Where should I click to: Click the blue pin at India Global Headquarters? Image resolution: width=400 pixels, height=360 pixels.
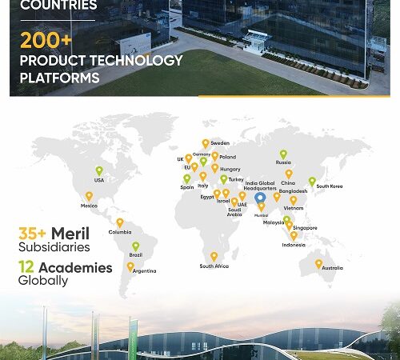click(259, 197)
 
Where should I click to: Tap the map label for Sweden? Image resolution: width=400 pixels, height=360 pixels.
click(221, 143)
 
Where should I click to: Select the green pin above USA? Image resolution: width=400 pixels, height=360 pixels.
click(99, 170)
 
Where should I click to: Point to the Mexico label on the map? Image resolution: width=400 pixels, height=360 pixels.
click(89, 206)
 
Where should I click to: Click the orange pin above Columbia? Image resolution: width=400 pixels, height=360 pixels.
click(120, 222)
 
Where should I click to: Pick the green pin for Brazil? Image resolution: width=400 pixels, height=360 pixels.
click(135, 246)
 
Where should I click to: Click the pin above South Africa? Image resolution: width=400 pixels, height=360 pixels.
click(214, 256)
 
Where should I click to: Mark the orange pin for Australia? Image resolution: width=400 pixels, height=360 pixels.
click(318, 263)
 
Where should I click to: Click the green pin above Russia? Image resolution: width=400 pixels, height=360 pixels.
click(282, 154)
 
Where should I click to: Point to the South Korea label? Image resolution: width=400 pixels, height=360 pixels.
click(329, 186)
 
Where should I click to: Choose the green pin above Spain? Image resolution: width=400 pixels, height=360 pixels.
click(186, 178)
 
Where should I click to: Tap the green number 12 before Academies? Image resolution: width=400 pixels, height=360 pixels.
click(26, 268)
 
